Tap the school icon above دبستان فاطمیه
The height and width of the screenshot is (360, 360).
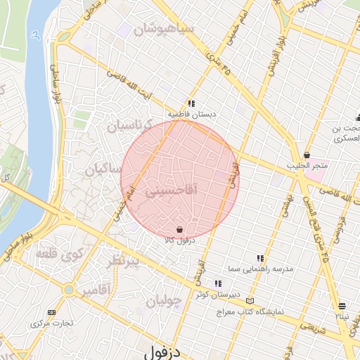(191, 103)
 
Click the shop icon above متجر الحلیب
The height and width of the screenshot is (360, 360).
(307, 155)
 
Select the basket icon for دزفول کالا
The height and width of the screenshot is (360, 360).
(180, 229)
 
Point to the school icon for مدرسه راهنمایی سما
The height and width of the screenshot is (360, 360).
(260, 258)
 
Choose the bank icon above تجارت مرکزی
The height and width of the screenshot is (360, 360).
(51, 312)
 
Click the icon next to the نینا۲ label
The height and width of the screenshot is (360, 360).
(342, 306)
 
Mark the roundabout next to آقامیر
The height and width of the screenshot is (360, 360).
(69, 289)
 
